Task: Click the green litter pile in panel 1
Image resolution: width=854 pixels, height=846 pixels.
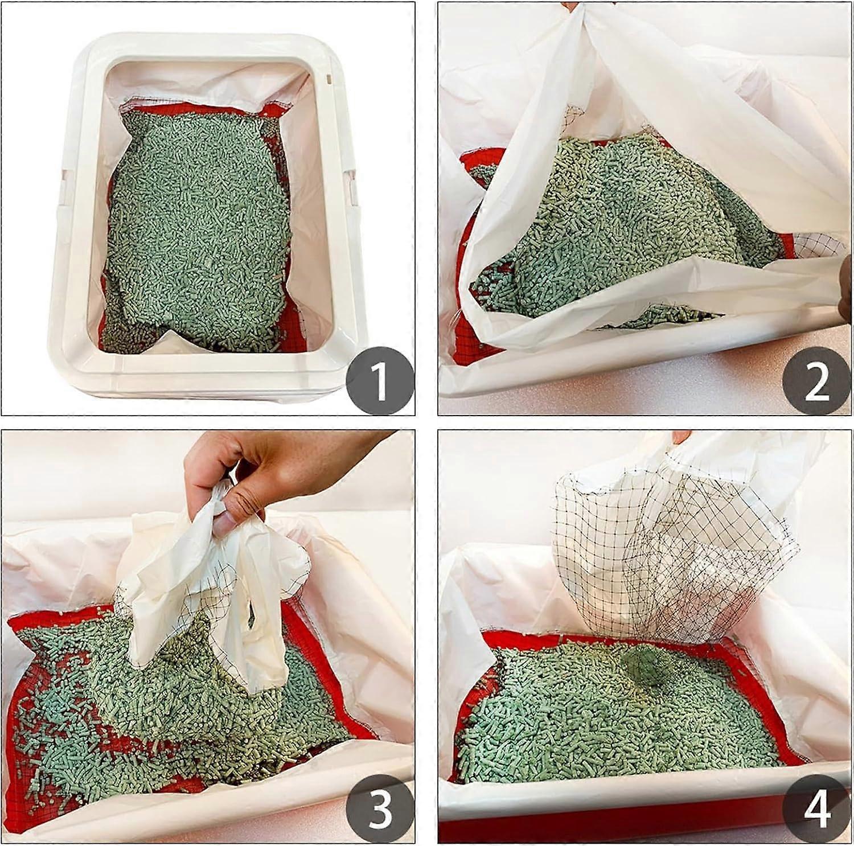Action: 196,228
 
